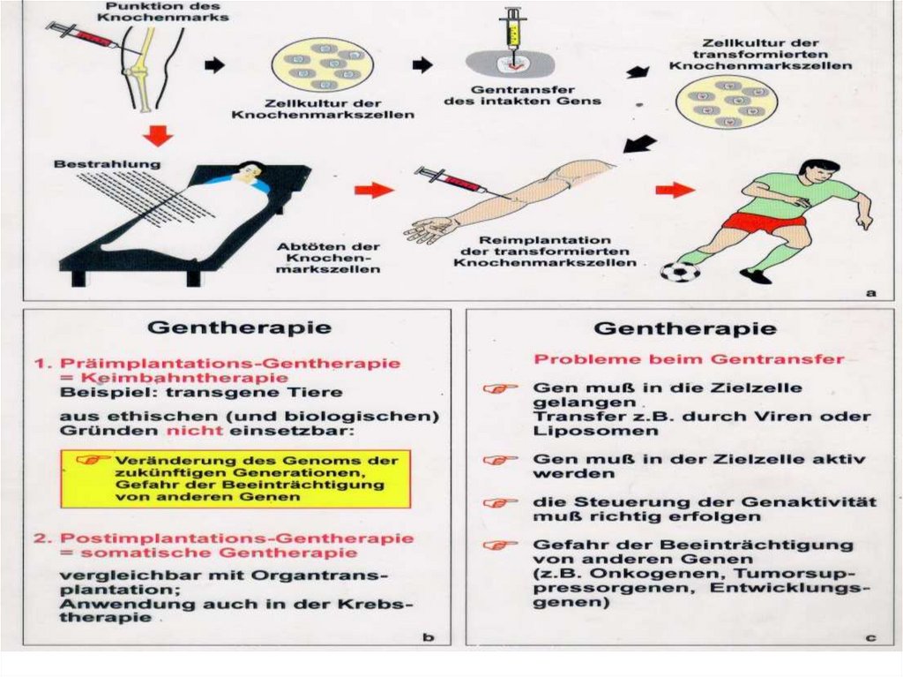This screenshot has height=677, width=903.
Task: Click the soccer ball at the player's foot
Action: click(680, 271)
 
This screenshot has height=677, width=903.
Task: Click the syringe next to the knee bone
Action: click(84, 36)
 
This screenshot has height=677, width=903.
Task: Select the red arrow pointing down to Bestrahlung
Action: click(157, 134)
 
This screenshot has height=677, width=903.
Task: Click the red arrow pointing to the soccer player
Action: click(675, 189)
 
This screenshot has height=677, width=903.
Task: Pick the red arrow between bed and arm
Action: click(374, 189)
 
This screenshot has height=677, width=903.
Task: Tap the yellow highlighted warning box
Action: click(235, 478)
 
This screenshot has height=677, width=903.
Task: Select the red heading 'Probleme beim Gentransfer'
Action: click(689, 359)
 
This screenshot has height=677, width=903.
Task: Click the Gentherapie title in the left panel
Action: click(239, 327)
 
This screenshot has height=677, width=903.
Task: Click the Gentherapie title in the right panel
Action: click(685, 328)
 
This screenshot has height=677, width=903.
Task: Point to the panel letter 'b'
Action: click(429, 636)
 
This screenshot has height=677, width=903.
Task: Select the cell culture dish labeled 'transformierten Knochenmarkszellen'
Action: click(726, 102)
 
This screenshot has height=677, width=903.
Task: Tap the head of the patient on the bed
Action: click(250, 169)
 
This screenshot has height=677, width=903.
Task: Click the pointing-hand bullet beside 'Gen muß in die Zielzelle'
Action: click(500, 388)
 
